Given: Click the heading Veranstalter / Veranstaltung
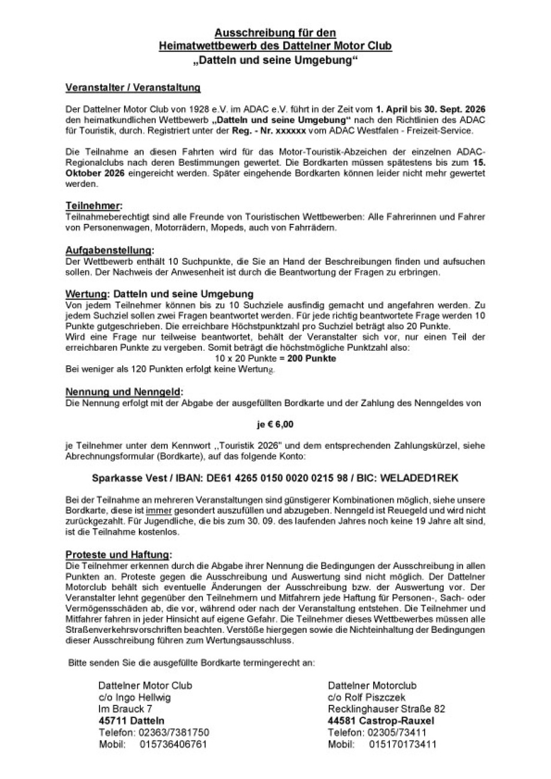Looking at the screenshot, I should click(x=132, y=88).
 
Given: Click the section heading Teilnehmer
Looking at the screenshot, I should click(x=93, y=205).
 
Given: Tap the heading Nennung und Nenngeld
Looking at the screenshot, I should click(x=123, y=392).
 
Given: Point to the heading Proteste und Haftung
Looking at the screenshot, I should click(x=118, y=554).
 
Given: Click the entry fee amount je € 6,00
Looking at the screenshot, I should click(x=275, y=424).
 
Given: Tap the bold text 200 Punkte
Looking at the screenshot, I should click(x=311, y=359).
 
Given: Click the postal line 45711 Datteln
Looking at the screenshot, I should click(x=131, y=720).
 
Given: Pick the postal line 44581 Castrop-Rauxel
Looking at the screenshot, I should click(x=381, y=720).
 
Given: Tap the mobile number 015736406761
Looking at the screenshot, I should click(x=173, y=744).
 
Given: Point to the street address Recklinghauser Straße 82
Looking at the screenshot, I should click(x=386, y=709).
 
